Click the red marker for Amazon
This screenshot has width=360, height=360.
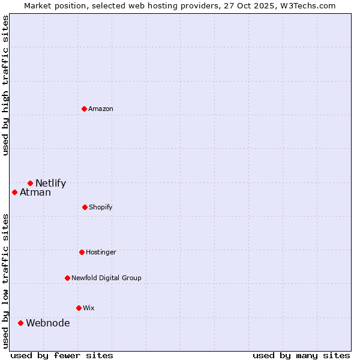click(85, 109)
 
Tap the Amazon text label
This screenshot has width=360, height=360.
click(101, 109)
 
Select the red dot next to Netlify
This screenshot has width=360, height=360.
click(30, 183)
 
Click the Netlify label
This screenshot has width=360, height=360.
click(50, 184)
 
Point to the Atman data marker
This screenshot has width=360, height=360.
click(14, 192)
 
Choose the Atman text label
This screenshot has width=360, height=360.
click(35, 193)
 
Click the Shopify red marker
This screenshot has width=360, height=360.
click(85, 207)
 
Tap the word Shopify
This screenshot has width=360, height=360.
click(101, 207)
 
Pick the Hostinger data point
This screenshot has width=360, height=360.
click(82, 252)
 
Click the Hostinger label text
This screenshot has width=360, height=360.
click(101, 252)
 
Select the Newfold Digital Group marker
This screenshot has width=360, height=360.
click(67, 278)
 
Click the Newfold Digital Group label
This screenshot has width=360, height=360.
click(106, 278)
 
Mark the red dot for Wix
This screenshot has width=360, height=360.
click(79, 308)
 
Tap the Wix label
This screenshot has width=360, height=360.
click(89, 308)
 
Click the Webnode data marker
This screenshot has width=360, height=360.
click(20, 323)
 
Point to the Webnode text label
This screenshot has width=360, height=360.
click(47, 323)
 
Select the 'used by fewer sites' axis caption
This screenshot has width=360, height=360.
click(62, 355)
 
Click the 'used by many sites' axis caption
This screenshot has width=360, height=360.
click(301, 355)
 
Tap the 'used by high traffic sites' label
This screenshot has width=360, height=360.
click(5, 85)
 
